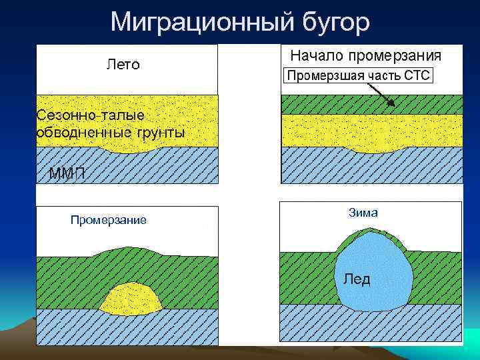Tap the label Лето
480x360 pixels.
(123, 65)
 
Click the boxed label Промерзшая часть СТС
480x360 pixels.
(359, 75)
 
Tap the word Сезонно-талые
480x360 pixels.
(90, 115)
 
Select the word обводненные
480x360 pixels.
(75, 132)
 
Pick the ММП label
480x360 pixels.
(67, 175)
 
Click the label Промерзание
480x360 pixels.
(109, 220)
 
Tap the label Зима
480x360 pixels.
(363, 213)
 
